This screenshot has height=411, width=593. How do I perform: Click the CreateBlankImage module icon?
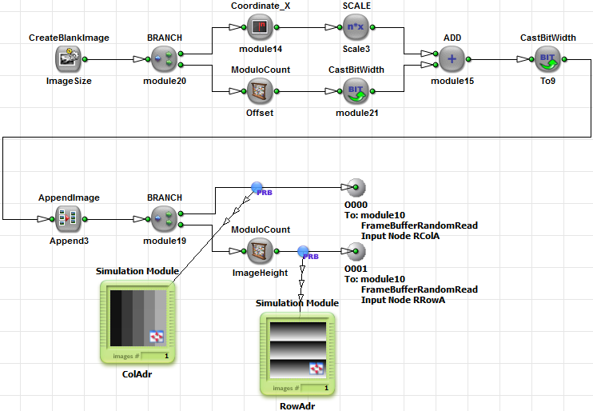click(69, 58)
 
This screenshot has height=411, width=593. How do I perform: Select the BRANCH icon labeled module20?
click(164, 58)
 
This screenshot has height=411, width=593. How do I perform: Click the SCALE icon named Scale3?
click(356, 27)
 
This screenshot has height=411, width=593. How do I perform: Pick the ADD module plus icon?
click(452, 58)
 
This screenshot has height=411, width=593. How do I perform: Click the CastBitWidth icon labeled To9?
click(547, 58)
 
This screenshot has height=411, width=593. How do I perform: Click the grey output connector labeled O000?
click(356, 188)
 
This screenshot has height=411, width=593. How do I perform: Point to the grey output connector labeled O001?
click(356, 251)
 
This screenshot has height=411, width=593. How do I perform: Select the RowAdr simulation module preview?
click(297, 349)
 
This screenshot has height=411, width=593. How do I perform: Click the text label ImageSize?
click(69, 81)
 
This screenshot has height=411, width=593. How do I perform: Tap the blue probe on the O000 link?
click(257, 188)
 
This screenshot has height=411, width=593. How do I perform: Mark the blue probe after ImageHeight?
click(304, 251)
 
